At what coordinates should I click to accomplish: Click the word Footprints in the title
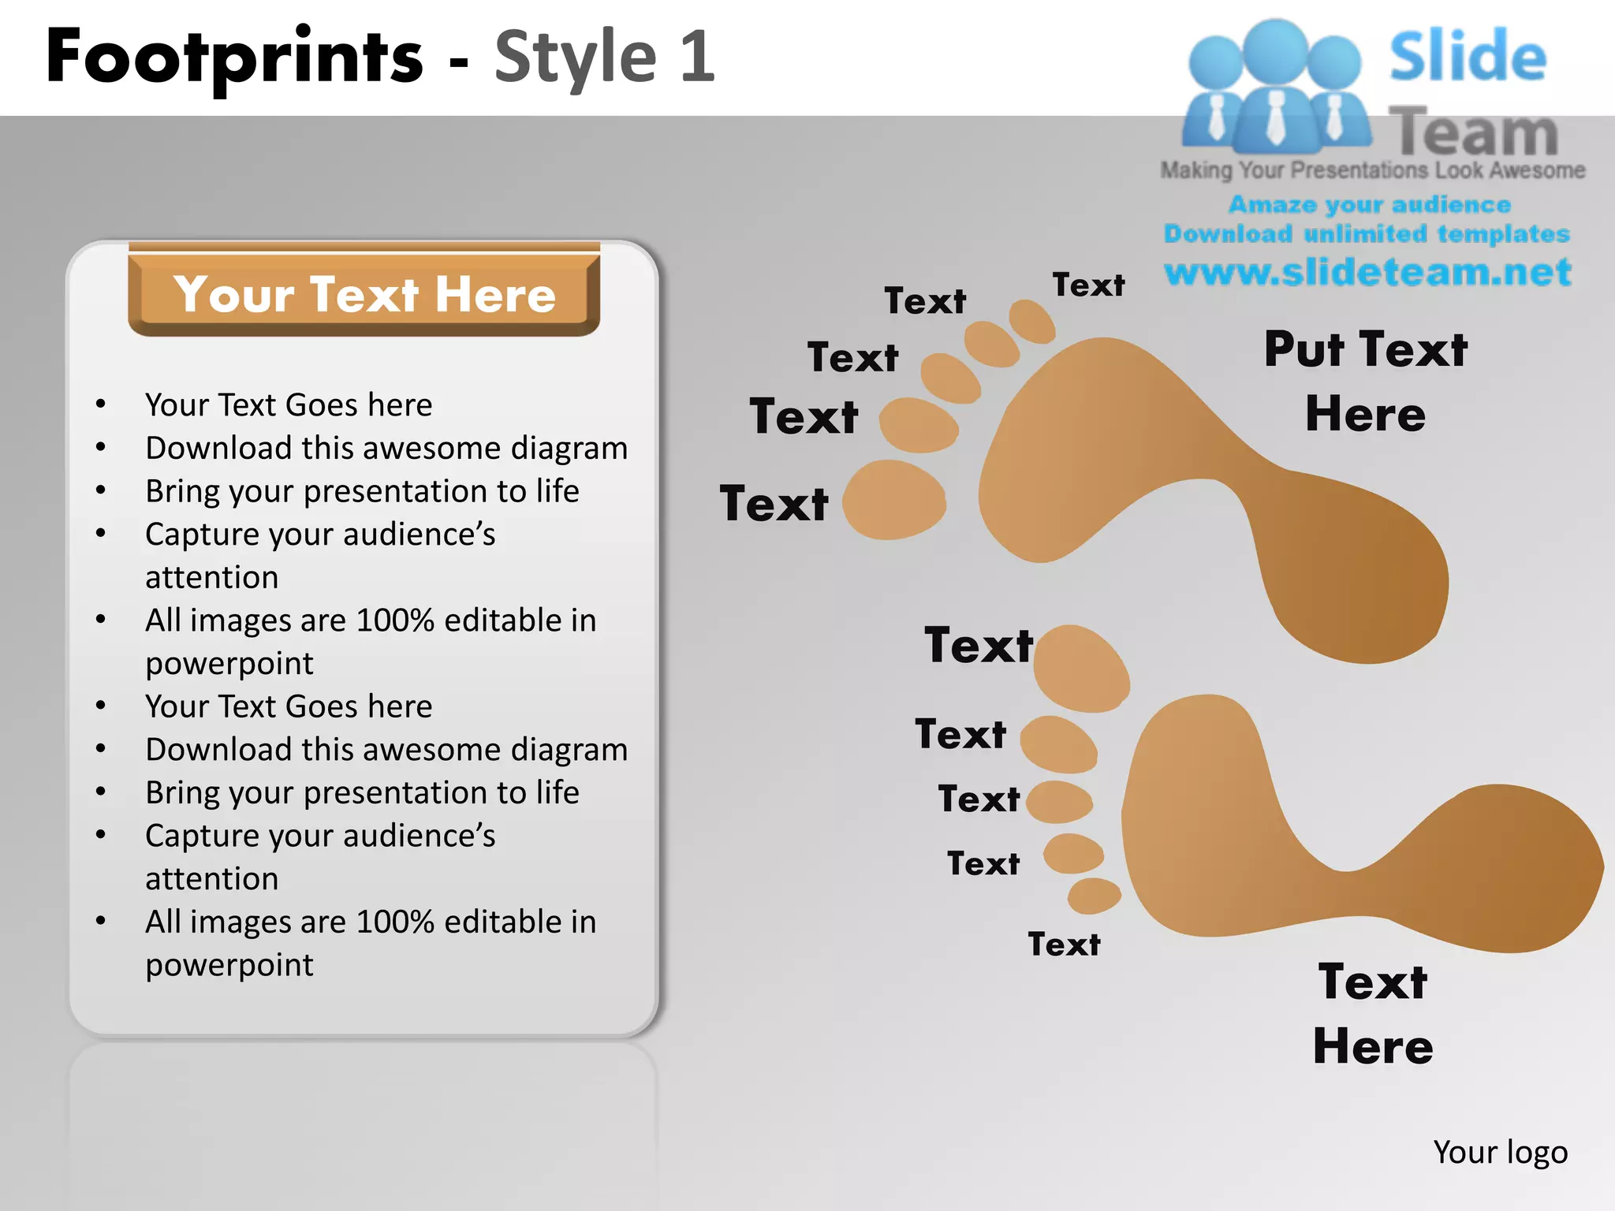[235, 57]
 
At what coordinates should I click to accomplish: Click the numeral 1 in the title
[697, 57]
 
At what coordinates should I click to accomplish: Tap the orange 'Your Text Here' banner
[364, 294]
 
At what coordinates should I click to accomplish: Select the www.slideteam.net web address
[1367, 272]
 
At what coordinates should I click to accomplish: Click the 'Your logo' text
[1500, 1152]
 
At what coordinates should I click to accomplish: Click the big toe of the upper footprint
[894, 501]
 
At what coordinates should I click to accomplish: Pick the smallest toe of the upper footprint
[1032, 321]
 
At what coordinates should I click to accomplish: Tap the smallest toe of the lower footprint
[1094, 896]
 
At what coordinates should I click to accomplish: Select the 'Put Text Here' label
[1366, 381]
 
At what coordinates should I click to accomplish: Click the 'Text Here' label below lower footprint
[1373, 1014]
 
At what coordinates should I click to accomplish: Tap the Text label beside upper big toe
[774, 504]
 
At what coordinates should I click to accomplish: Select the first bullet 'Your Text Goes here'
[289, 405]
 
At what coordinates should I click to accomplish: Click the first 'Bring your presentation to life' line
[362, 491]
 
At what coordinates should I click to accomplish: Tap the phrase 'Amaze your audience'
[1369, 205]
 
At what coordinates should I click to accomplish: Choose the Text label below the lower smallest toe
[1064, 945]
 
